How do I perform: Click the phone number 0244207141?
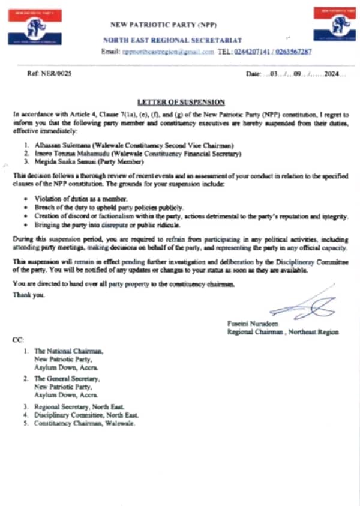tap(254, 52)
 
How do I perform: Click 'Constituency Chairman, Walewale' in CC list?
tap(85, 423)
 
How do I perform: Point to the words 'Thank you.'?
tap(28, 295)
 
